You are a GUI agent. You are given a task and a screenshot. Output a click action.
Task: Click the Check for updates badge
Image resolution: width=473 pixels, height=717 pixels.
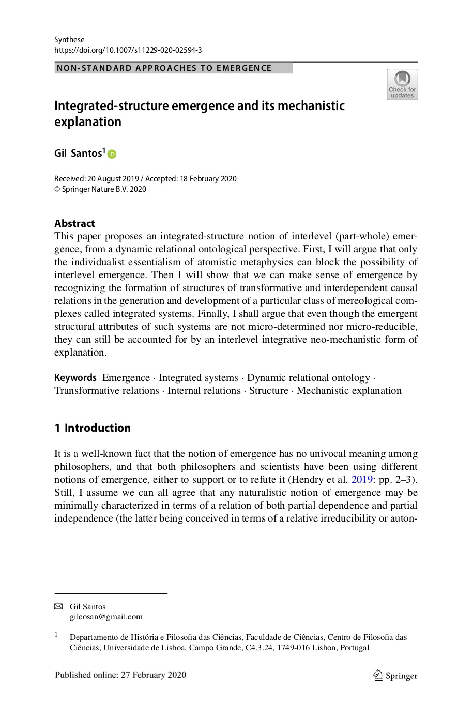[402, 84]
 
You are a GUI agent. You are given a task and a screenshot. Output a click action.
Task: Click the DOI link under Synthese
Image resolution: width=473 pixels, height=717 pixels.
[128, 50]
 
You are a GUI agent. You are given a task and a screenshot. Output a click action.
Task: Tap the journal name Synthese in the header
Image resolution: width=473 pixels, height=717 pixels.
[69, 40]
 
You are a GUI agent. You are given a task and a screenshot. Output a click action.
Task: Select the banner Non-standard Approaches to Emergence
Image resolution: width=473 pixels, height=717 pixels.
[173, 68]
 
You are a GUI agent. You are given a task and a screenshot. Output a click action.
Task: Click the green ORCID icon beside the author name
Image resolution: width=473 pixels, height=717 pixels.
[112, 154]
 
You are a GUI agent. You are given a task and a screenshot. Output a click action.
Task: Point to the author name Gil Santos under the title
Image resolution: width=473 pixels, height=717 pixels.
[78, 153]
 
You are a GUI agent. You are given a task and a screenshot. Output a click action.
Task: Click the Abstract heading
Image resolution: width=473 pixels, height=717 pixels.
[74, 223]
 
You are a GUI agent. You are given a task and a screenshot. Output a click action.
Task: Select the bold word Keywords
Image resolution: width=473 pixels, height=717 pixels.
[75, 378]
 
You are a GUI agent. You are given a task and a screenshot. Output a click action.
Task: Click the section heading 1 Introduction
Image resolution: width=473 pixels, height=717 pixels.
[93, 428]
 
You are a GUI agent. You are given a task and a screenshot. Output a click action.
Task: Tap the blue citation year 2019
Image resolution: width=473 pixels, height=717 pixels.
[362, 480]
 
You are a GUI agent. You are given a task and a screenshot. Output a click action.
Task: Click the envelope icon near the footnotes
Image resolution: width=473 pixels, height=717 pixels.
[58, 606]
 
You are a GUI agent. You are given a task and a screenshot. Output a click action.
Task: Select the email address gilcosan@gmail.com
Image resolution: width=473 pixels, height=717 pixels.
[106, 617]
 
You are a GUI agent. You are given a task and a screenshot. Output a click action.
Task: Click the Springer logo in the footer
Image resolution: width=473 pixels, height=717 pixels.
[395, 676]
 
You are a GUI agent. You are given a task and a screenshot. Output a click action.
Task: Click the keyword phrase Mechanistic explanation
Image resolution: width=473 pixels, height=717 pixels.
[349, 391]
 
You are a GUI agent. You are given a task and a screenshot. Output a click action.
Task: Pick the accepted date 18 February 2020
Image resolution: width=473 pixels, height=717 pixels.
[208, 179]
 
